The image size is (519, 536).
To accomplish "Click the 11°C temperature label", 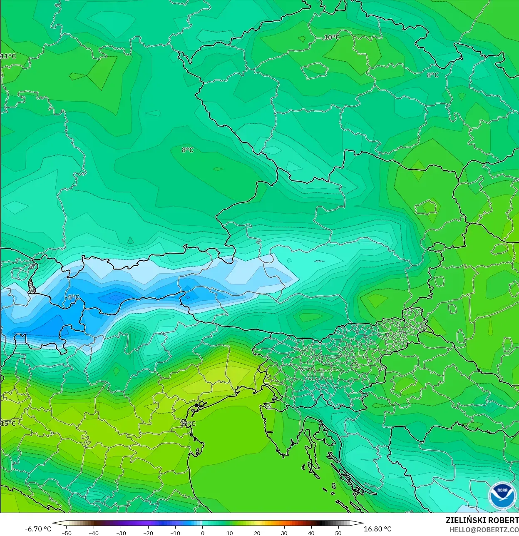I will coord(8,56).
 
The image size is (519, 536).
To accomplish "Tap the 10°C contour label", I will coord(332,37).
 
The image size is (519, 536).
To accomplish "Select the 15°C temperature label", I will coord(8,424).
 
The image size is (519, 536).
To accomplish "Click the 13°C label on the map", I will coord(188,424).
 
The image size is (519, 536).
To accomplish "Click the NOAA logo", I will coord(502,495).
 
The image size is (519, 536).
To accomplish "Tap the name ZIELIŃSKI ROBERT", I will coord(482,520).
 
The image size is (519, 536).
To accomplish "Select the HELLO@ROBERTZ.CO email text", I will coord(484,530).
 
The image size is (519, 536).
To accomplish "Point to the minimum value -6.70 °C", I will coord(38,529).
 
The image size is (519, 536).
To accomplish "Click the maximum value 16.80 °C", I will coord(377,529).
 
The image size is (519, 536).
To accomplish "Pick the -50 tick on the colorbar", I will coord(67,533).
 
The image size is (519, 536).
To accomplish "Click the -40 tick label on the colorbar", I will coord(94,533).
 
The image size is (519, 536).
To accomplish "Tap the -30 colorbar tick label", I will coord(121,533).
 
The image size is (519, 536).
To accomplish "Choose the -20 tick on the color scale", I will coord(148,533).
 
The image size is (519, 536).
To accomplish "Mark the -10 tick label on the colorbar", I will coord(175,533).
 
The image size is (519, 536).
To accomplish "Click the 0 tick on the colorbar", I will coord(203,533).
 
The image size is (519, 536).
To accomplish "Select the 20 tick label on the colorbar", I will coord(257,533).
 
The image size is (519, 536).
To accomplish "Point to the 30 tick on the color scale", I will coord(284,533).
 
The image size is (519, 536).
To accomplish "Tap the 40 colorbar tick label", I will coord(311,533).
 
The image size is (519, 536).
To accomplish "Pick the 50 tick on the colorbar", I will coord(338,533).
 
